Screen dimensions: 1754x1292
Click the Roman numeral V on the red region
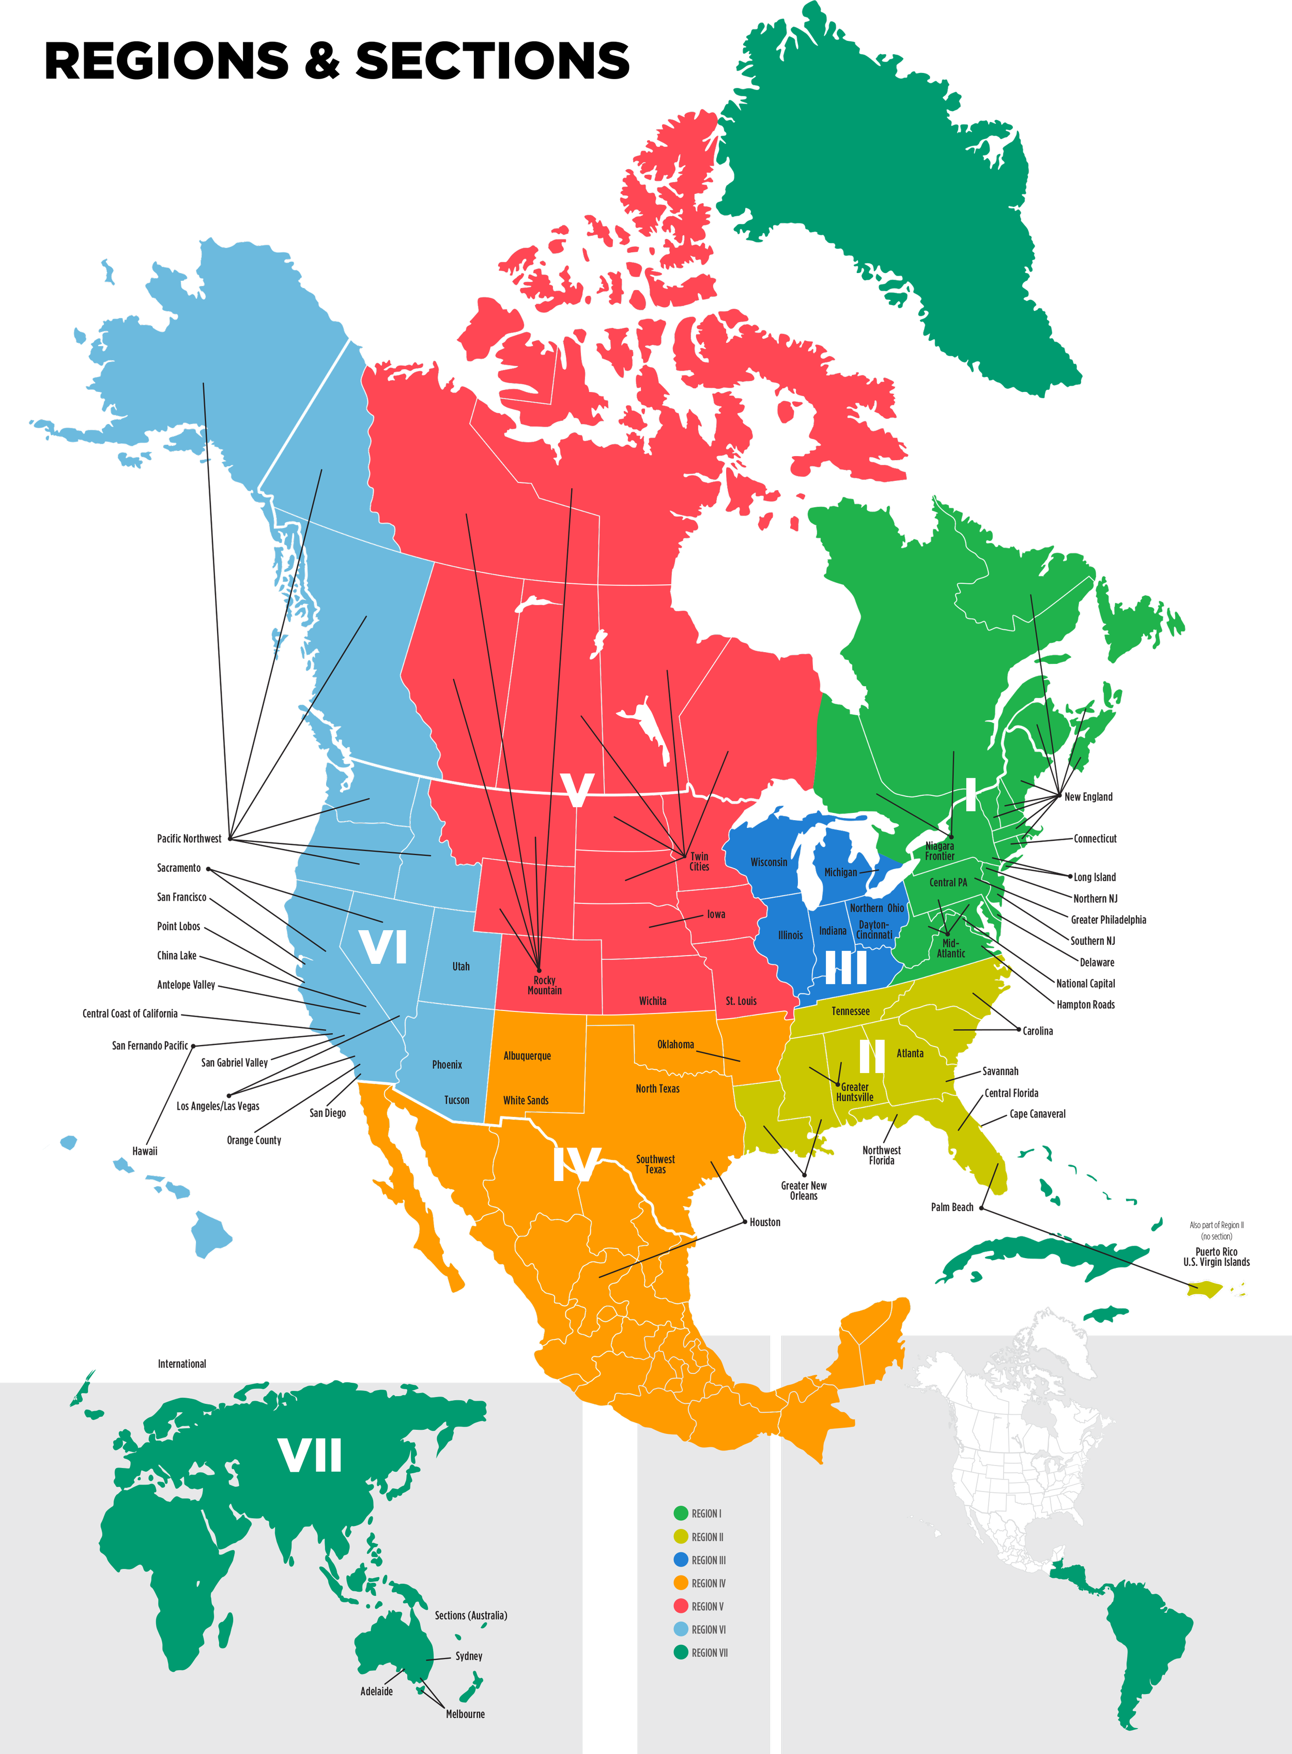point(577,790)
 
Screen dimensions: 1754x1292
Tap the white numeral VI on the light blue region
point(383,947)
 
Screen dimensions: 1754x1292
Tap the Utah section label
point(460,966)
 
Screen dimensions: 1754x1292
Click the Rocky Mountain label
point(544,985)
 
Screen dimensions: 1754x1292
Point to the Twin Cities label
point(699,861)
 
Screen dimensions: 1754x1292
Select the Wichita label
point(652,1001)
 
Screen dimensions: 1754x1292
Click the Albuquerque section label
point(527,1055)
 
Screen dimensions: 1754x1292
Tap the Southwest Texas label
point(655,1164)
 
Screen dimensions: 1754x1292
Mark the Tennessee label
point(850,1011)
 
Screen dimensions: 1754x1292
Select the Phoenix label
point(448,1065)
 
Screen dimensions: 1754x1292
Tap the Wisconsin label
point(769,862)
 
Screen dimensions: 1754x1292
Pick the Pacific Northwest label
point(189,839)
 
